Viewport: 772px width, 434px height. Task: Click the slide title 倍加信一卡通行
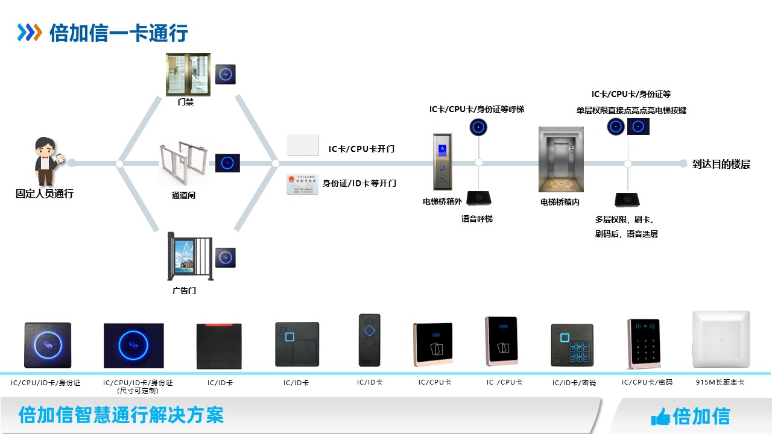(118, 33)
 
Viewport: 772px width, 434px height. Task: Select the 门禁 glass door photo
(188, 74)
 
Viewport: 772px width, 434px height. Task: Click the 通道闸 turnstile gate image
(184, 164)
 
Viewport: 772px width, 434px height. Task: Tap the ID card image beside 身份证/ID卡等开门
(302, 184)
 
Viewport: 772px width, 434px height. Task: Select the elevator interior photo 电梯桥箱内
(561, 159)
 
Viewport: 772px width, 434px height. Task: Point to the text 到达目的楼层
(721, 164)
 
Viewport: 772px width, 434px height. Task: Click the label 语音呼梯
(476, 219)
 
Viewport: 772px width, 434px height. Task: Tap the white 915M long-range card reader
(721, 339)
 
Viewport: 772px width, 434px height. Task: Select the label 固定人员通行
(45, 194)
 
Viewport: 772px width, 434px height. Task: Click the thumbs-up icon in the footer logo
(660, 416)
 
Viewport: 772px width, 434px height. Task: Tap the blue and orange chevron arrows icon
(30, 33)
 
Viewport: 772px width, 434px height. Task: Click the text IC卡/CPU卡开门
(361, 149)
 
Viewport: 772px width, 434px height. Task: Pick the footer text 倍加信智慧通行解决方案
(121, 415)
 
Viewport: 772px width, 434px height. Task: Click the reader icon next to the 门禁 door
(226, 74)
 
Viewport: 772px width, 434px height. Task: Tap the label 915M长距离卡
(720, 382)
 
